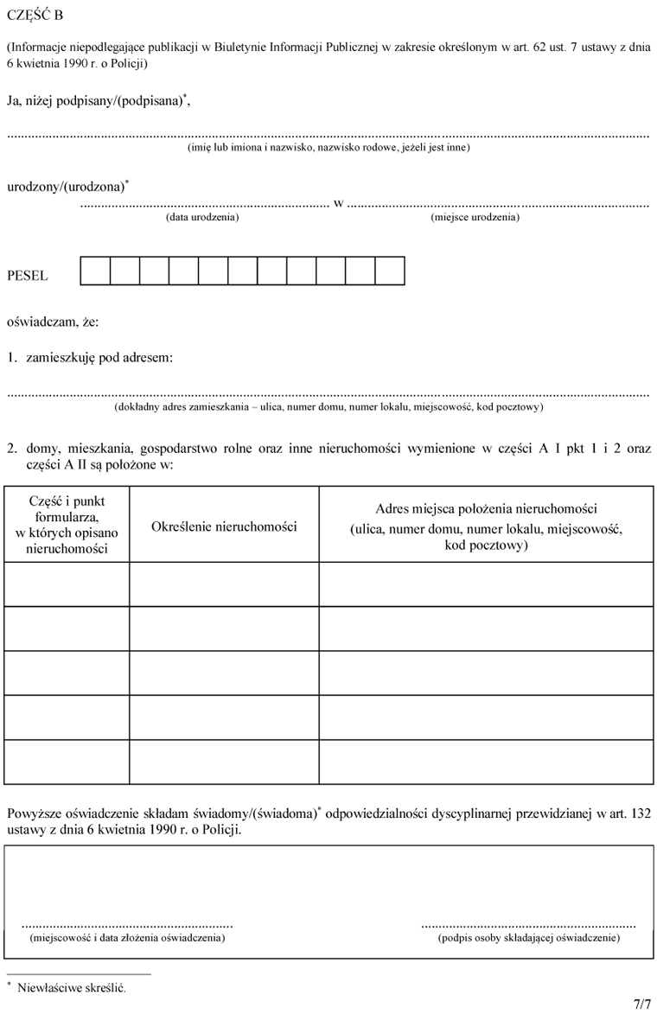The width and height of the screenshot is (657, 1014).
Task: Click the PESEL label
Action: pyautogui.click(x=28, y=276)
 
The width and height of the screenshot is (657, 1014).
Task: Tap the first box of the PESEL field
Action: pyautogui.click(x=95, y=271)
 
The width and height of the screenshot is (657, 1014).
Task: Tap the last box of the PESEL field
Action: pyautogui.click(x=390, y=271)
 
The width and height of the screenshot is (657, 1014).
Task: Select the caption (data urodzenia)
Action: pyautogui.click(x=202, y=218)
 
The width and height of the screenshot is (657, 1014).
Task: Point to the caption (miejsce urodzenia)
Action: pyautogui.click(x=475, y=218)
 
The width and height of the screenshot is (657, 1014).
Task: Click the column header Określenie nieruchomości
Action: pyautogui.click(x=224, y=526)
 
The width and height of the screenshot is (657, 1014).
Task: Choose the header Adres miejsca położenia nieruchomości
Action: pyautogui.click(x=486, y=509)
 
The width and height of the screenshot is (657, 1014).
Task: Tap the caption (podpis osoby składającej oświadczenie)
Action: pyautogui.click(x=528, y=937)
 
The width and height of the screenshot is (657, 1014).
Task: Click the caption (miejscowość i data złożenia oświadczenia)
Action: pyautogui.click(x=127, y=937)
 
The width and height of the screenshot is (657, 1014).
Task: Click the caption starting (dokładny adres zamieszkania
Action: pyautogui.click(x=328, y=406)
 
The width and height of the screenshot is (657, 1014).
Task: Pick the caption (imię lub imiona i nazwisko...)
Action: pyautogui.click(x=328, y=148)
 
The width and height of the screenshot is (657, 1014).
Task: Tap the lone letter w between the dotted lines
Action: pyautogui.click(x=338, y=204)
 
